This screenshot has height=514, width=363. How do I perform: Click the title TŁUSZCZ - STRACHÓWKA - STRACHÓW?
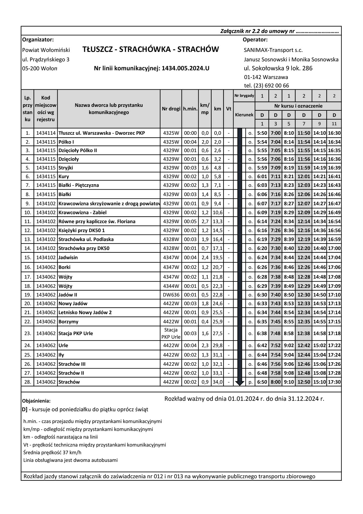[x=151, y=49]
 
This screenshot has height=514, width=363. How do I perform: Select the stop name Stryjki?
[x=66, y=168]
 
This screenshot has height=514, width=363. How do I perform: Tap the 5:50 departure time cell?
[x=262, y=133]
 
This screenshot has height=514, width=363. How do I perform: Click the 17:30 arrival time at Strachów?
[x=334, y=382]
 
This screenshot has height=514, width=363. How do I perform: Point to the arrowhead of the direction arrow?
[x=240, y=383]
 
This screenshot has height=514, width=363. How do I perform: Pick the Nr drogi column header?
[x=171, y=109]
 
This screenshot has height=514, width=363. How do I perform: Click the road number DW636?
[x=171, y=295]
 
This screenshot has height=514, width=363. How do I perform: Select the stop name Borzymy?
[x=68, y=322]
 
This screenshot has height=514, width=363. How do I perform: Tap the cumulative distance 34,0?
[x=217, y=382]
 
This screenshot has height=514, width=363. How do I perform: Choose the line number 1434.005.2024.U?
[x=185, y=68]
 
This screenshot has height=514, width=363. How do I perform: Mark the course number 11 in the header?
[x=334, y=124]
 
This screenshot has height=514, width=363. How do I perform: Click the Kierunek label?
[x=244, y=115]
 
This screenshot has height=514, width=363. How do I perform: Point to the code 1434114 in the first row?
[x=46, y=133]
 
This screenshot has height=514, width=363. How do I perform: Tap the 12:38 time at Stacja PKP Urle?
[x=304, y=333]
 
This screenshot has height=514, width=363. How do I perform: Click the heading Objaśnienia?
[x=37, y=401]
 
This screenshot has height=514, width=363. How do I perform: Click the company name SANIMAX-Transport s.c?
[x=273, y=50]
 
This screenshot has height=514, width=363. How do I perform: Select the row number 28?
[x=28, y=382]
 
